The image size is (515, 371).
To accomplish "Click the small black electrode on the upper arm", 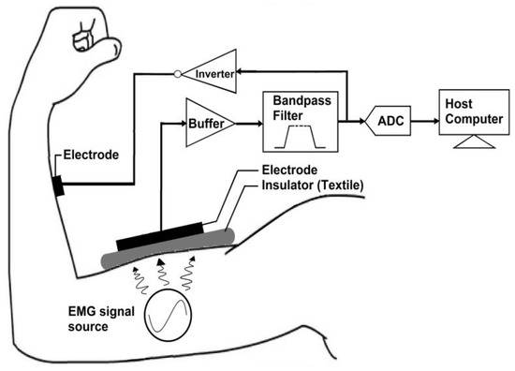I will pos(58,185).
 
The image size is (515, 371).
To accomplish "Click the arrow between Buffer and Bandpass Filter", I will pos(246,121).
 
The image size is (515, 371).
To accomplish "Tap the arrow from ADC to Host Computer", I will pos(427,121).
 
